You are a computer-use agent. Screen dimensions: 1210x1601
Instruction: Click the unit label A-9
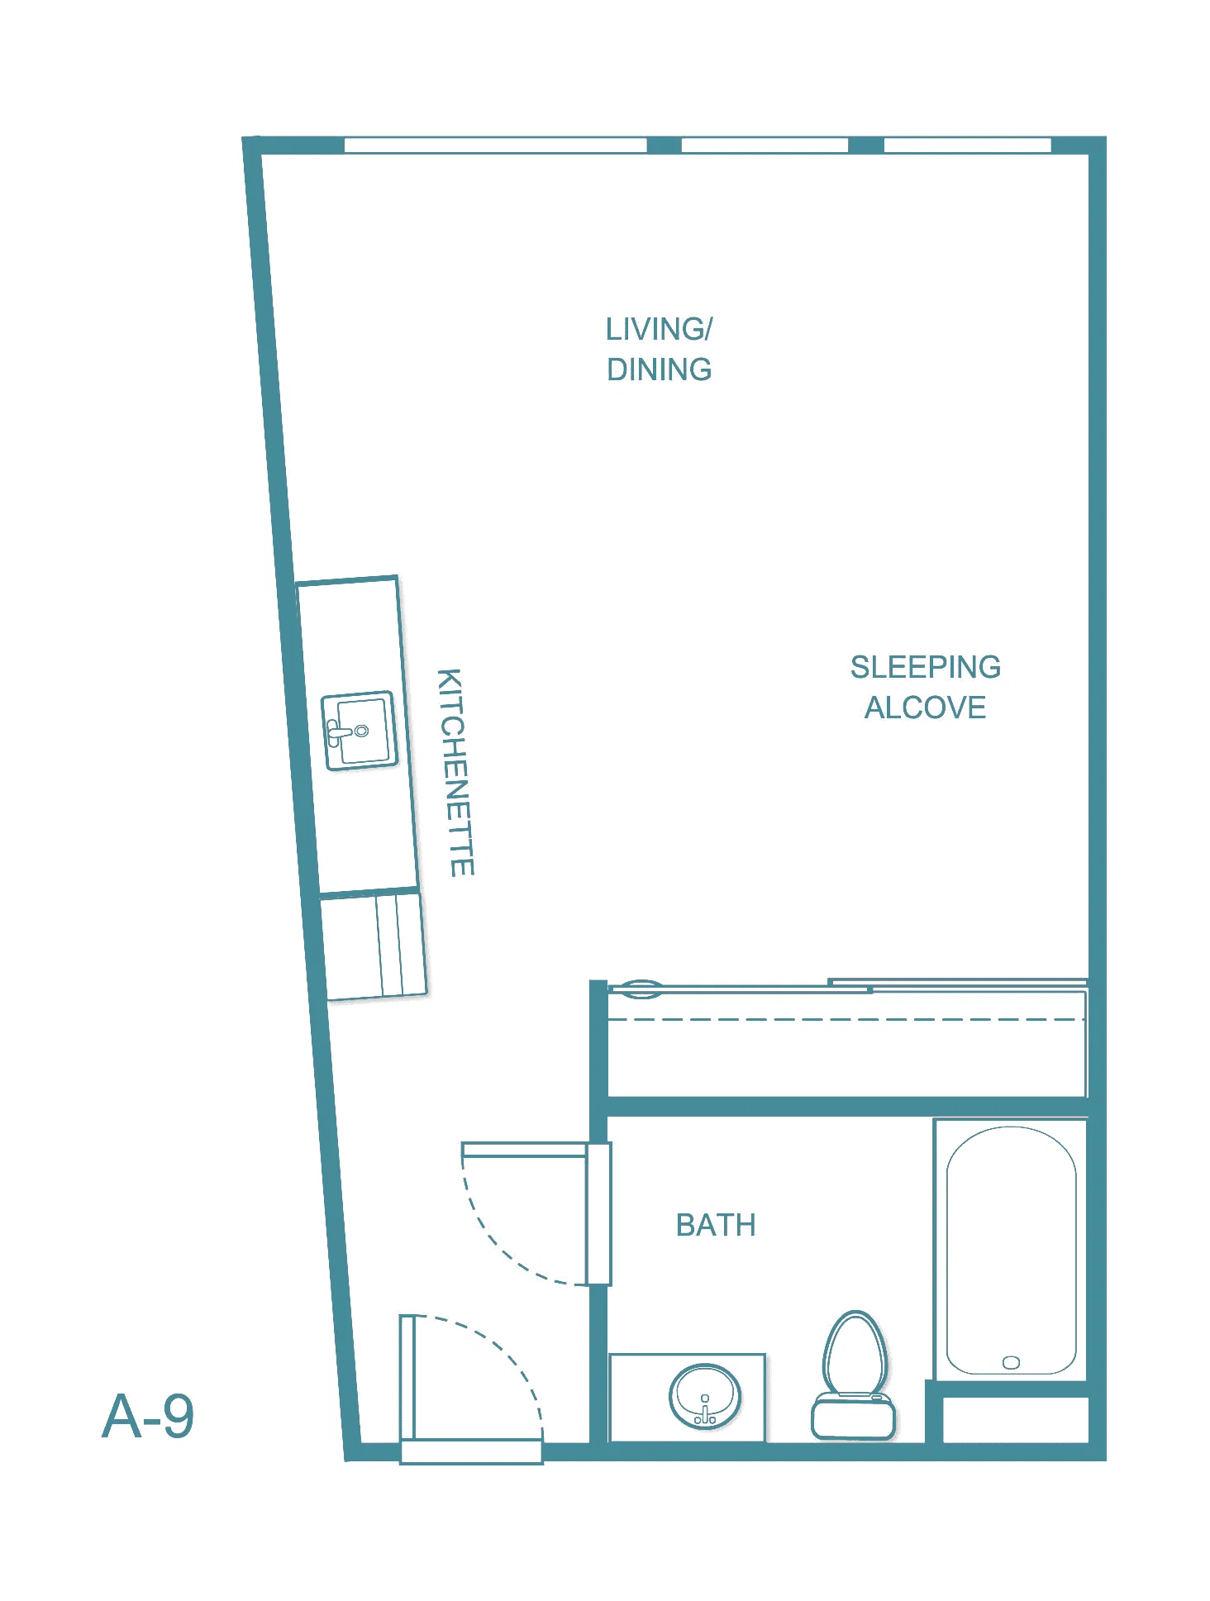148,1417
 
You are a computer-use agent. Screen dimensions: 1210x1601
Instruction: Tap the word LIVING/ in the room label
659,329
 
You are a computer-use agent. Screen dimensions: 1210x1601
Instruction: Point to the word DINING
659,369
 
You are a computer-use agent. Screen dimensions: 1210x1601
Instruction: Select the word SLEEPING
926,667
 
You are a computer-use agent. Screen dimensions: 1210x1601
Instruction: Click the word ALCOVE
926,708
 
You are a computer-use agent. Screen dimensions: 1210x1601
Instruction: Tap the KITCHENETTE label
455,773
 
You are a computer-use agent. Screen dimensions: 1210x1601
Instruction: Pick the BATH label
716,1225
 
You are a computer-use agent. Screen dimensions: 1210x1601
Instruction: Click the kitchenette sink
359,731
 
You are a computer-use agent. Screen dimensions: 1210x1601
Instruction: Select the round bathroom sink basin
705,1397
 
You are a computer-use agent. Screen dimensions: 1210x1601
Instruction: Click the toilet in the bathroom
855,1375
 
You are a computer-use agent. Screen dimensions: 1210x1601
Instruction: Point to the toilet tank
854,1417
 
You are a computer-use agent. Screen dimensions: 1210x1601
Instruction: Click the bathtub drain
1011,1362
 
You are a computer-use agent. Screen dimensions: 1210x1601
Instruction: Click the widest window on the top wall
495,145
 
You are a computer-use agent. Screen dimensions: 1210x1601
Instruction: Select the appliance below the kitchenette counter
374,946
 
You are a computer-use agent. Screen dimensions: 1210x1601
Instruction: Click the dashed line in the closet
846,1020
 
